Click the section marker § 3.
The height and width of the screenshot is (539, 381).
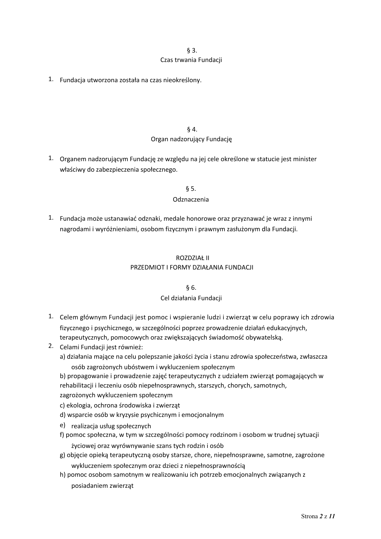[x=192, y=50]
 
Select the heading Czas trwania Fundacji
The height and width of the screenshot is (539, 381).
[x=191, y=60]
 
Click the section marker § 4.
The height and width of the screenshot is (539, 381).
[x=192, y=130]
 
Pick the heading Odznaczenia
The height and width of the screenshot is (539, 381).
[x=191, y=200]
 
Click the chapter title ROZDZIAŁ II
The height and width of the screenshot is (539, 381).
[x=192, y=258]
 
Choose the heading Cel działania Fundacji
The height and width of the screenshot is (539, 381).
[x=191, y=298]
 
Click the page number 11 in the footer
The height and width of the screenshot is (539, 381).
[x=332, y=516]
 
